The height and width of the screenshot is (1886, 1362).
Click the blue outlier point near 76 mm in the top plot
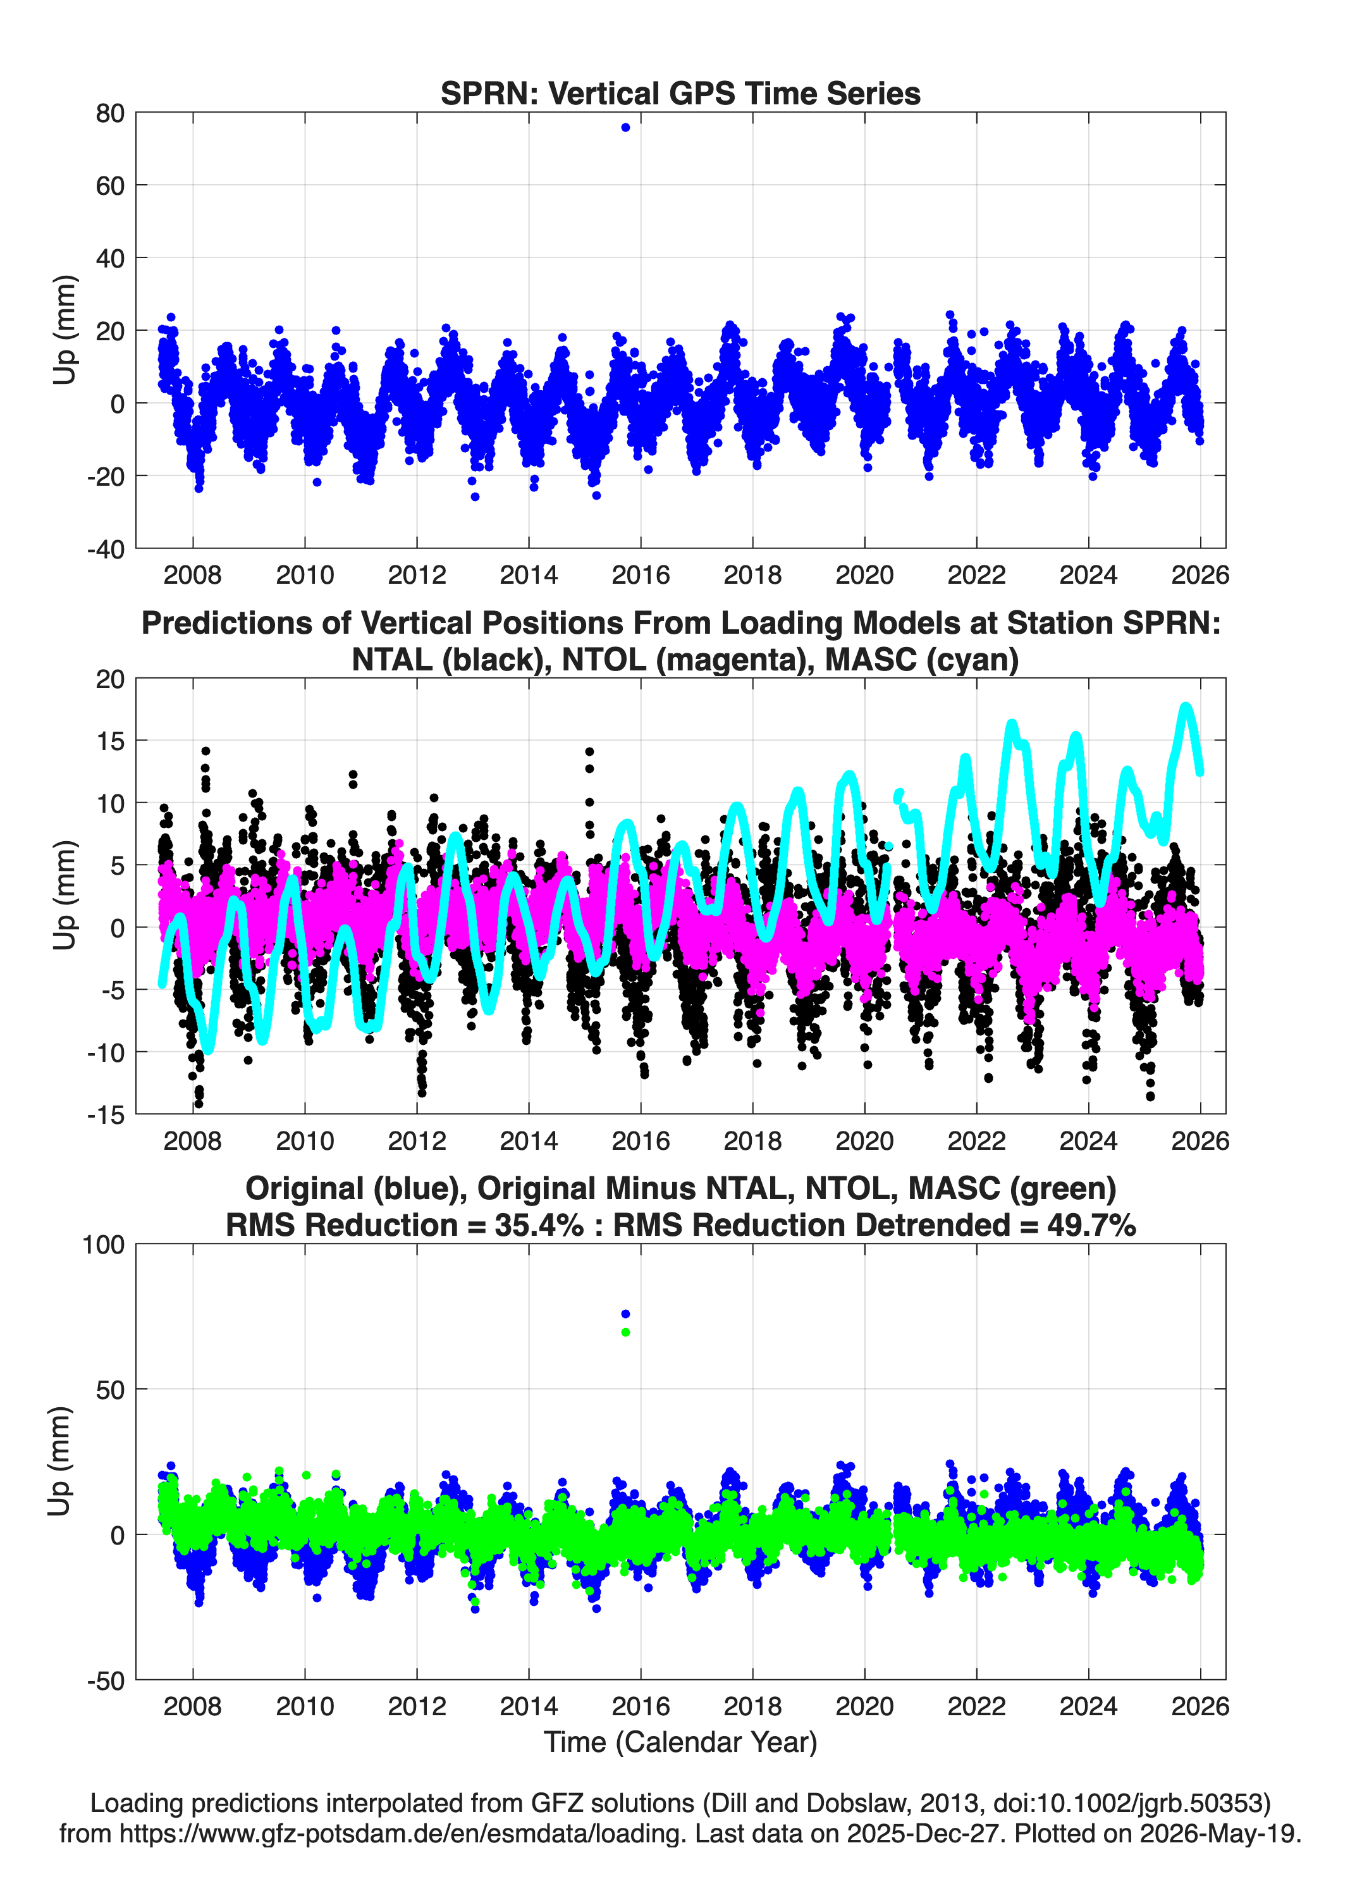click(625, 127)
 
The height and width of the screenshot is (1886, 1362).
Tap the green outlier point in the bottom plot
click(625, 1332)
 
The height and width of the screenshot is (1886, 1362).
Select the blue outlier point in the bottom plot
click(625, 1314)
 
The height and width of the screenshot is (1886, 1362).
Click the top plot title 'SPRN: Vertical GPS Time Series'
click(680, 93)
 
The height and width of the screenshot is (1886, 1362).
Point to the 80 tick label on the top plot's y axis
click(110, 113)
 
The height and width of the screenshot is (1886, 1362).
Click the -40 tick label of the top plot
click(106, 549)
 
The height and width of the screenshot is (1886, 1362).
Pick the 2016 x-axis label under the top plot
click(641, 575)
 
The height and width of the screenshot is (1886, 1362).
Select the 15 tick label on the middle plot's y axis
click(111, 740)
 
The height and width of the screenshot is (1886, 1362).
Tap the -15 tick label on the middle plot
click(106, 1114)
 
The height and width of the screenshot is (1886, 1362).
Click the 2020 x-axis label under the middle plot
click(865, 1140)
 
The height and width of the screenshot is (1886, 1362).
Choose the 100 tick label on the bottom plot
click(103, 1245)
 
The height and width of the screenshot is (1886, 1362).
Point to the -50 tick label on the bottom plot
click(106, 1680)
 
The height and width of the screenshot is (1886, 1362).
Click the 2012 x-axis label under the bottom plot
click(417, 1706)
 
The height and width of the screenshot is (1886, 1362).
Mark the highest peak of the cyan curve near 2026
click(1186, 707)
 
